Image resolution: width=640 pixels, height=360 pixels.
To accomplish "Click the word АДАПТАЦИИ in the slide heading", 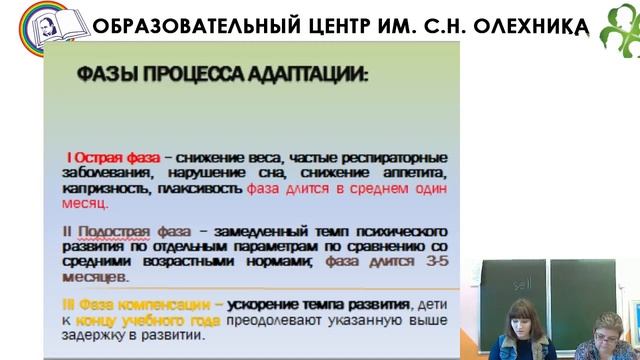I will pyautogui.click(x=309, y=74).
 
